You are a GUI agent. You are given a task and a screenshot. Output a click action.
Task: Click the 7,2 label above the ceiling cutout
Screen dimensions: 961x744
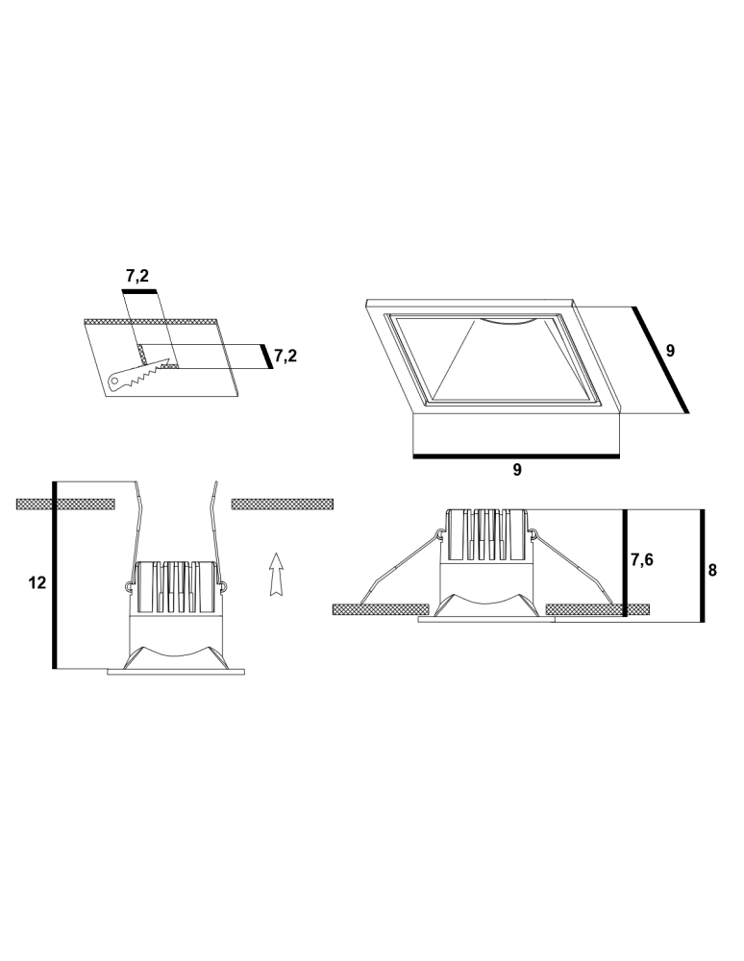(x=137, y=276)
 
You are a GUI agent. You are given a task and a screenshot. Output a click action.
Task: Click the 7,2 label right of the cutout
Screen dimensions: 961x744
(x=285, y=357)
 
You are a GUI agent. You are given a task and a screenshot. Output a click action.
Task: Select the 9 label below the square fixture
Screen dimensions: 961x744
(x=517, y=470)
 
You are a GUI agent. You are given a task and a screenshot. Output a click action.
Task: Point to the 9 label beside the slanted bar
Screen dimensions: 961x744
(x=671, y=352)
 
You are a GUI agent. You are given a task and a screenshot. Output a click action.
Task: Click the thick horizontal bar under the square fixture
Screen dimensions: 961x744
(x=516, y=456)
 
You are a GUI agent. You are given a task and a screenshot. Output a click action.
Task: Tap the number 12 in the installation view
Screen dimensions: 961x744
(x=37, y=583)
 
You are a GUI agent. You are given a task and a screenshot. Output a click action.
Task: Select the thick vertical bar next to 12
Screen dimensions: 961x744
(x=55, y=575)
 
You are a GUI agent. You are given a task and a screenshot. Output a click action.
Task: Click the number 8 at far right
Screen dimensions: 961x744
(x=712, y=570)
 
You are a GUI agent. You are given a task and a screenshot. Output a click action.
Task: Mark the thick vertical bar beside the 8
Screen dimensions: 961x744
(x=702, y=565)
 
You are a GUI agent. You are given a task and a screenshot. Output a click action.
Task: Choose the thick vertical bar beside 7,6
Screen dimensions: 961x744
(x=625, y=562)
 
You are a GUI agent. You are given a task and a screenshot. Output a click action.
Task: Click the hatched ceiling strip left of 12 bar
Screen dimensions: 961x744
(x=35, y=504)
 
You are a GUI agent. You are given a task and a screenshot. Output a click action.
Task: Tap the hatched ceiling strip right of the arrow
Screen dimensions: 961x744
(x=283, y=504)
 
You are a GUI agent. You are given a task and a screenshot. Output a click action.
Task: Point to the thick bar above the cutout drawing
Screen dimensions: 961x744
(x=138, y=289)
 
